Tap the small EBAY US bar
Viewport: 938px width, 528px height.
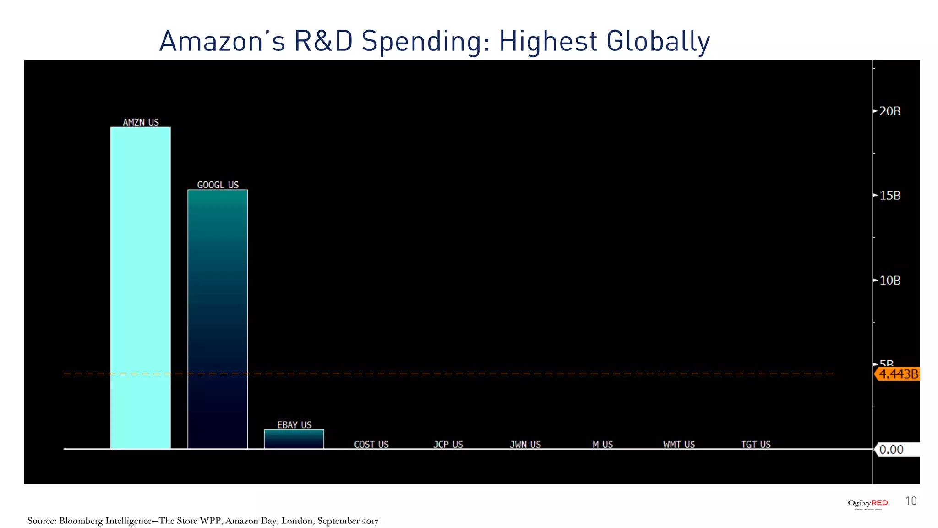click(294, 439)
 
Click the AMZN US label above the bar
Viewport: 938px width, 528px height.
click(141, 122)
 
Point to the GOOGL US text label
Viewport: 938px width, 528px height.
click(218, 185)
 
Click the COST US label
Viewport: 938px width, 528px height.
click(371, 445)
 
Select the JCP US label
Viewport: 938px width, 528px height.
click(448, 445)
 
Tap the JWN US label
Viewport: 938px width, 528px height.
click(525, 445)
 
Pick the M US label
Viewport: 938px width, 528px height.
click(603, 445)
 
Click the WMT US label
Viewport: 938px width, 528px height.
click(679, 445)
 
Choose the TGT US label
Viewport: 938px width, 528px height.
click(756, 445)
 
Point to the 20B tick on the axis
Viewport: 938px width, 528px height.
click(890, 111)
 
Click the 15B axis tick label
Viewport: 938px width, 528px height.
click(890, 196)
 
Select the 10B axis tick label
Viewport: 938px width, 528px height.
click(890, 280)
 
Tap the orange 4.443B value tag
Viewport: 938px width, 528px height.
click(898, 374)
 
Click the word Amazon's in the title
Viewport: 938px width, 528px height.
click(222, 41)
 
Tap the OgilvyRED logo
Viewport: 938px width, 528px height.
click(868, 503)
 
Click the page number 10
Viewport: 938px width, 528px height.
click(911, 501)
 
